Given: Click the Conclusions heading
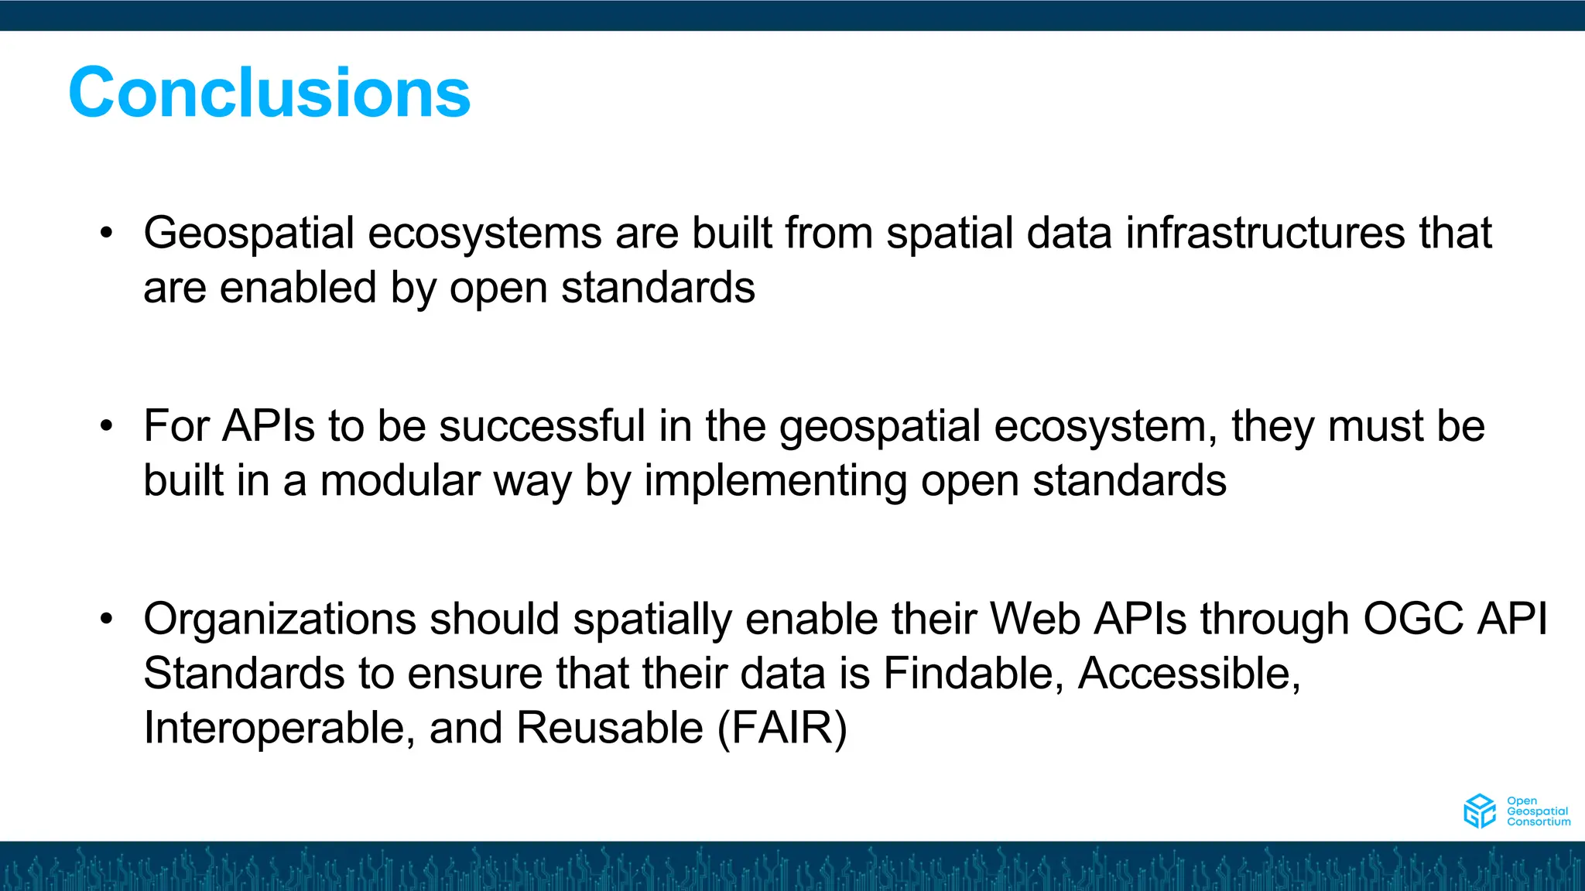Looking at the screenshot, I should pyautogui.click(x=269, y=93).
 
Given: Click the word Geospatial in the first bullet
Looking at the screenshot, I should pyautogui.click(x=248, y=233).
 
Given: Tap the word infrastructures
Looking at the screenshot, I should pyautogui.click(x=1265, y=233).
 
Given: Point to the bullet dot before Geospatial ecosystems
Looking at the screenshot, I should pyautogui.click(x=107, y=233).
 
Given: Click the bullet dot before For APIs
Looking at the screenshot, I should pyautogui.click(x=107, y=426).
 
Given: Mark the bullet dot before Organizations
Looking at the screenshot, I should pyautogui.click(x=107, y=619).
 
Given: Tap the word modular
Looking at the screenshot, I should pyautogui.click(x=400, y=480).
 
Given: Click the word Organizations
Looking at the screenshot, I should pyautogui.click(x=279, y=620).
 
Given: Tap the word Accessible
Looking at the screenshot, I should pyautogui.click(x=1189, y=673).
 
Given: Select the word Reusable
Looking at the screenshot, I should pyautogui.click(x=609, y=728).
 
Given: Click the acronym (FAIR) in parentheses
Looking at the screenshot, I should pyautogui.click(x=782, y=728).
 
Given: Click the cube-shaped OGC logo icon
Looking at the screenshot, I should pyautogui.click(x=1479, y=811).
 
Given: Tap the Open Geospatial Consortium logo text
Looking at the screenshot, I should pyautogui.click(x=1538, y=811).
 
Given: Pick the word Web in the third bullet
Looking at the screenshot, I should pyautogui.click(x=1035, y=619).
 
